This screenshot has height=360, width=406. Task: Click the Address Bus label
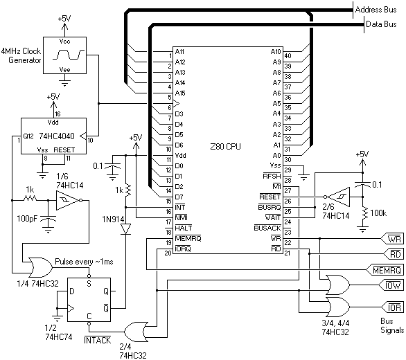point(376,10)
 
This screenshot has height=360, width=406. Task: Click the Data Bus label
point(381,24)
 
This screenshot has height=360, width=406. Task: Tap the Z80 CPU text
point(225,147)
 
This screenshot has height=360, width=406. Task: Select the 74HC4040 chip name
point(57,136)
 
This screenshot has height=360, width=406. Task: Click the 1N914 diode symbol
point(126,229)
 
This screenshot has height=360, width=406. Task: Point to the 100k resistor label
point(378,213)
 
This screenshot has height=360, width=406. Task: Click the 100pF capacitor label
point(27,219)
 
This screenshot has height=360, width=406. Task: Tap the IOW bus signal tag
point(391,285)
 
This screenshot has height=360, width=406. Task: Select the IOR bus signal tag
point(393,307)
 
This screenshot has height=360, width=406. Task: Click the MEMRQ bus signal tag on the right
point(385,270)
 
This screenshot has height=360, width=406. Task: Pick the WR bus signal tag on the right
point(393,239)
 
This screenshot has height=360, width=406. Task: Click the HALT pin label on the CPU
point(184,228)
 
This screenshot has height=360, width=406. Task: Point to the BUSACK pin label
point(267,228)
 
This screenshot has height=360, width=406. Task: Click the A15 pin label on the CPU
point(180,93)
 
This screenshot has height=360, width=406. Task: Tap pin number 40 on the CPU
point(288,55)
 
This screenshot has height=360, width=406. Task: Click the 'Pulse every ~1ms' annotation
point(84,262)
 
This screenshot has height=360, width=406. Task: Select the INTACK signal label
point(98,340)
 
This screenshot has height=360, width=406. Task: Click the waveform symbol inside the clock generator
point(69,55)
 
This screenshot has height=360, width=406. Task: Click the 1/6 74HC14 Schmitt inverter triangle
point(67,200)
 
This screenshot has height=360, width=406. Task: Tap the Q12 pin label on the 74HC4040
point(28,136)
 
